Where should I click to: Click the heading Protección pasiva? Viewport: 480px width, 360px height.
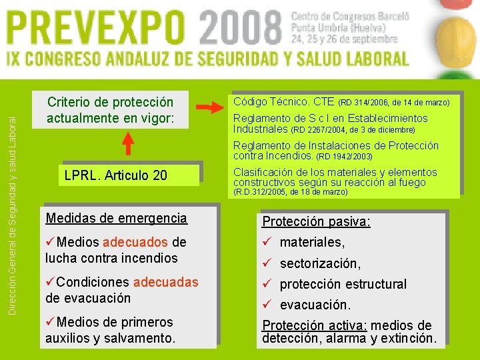coord(316,221)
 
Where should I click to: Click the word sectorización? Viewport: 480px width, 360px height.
coord(319,263)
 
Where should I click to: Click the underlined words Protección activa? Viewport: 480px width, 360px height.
coord(314,325)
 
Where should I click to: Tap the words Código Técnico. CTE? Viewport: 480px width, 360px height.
coord(283,102)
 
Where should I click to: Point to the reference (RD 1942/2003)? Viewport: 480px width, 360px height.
coord(343,157)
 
